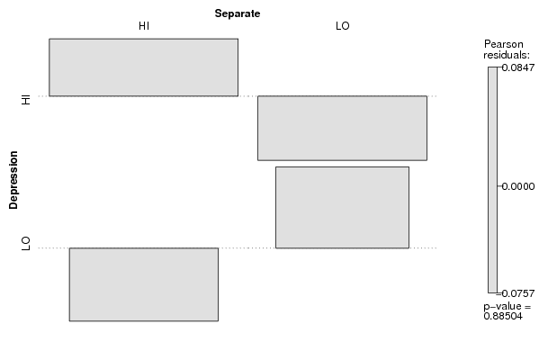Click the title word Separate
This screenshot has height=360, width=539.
click(x=238, y=13)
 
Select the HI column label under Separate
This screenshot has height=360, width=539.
click(x=144, y=26)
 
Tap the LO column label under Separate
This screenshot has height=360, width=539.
click(x=342, y=26)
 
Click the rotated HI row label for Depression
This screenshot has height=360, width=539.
click(x=26, y=99)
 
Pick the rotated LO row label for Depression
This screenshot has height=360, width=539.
click(x=26, y=243)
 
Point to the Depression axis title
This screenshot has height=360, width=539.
click(x=13, y=180)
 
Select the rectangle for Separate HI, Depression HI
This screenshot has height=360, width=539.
click(x=143, y=67)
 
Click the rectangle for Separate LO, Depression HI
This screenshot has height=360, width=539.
click(x=342, y=129)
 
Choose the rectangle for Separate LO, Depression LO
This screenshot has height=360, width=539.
click(x=342, y=207)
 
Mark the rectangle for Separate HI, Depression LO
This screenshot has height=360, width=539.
click(x=144, y=284)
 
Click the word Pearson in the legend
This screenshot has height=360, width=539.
click(x=504, y=44)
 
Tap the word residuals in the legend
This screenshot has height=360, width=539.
click(x=507, y=55)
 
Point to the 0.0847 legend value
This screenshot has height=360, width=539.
click(x=518, y=67)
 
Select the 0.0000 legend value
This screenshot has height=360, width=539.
click(x=518, y=186)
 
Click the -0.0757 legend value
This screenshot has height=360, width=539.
click(x=517, y=293)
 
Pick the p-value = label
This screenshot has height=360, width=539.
click(x=507, y=306)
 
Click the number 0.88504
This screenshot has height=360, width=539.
click(x=503, y=316)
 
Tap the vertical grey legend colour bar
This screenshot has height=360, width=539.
click(x=492, y=180)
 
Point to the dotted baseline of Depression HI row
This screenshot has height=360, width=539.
click(x=238, y=96)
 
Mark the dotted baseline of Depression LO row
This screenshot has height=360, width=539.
click(x=238, y=247)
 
